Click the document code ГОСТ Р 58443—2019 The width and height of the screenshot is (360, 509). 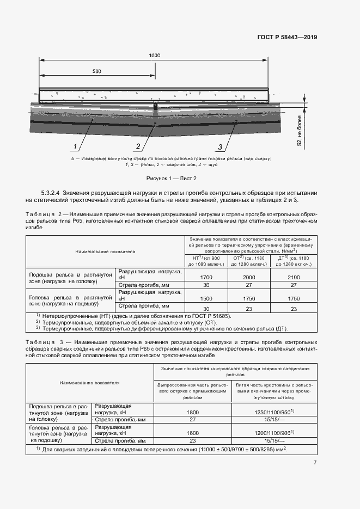tap(287, 38)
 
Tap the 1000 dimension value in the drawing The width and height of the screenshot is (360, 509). tap(154, 56)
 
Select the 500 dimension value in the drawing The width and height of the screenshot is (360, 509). tap(97, 71)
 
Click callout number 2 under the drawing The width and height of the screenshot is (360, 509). tap(138, 146)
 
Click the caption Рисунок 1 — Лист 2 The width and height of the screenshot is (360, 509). tap(171, 178)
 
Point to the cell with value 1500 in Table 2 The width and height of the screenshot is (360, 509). tap(206, 298)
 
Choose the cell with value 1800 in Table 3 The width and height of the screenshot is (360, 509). tap(193, 412)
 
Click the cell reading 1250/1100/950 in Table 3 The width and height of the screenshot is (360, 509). tap(274, 412)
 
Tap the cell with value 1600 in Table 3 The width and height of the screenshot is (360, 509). tap(193, 432)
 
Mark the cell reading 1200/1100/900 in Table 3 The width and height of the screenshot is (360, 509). tap(274, 432)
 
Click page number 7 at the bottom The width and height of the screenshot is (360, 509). tap(315, 462)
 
